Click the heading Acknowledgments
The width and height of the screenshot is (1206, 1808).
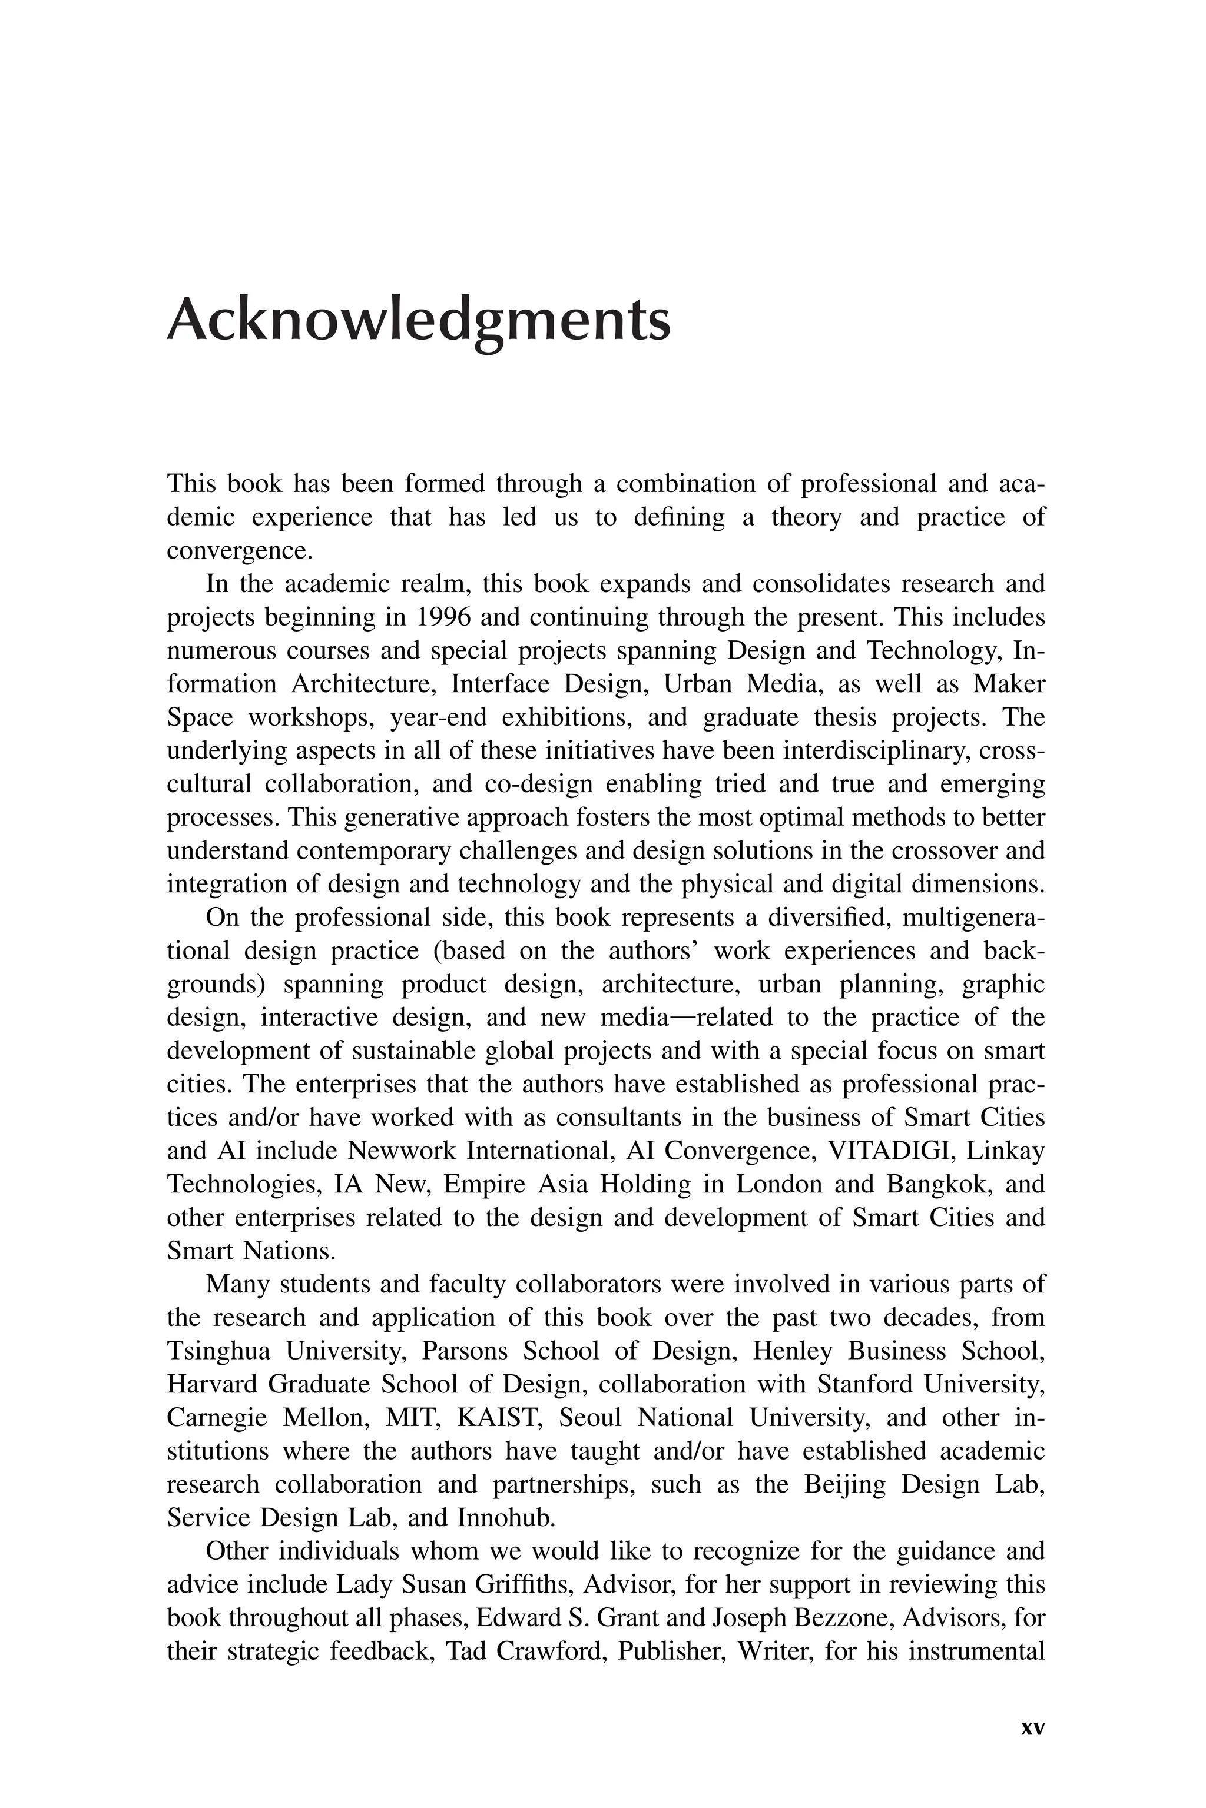[x=419, y=321]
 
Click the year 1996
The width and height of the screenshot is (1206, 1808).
[x=444, y=617]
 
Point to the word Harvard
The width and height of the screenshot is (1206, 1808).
[x=211, y=1384]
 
